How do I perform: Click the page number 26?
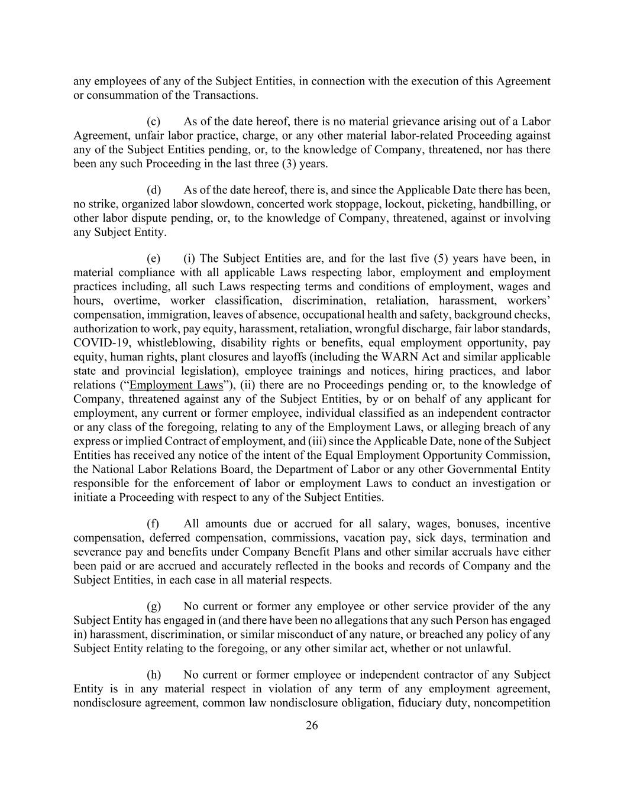(x=312, y=726)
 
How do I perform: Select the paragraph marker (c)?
(x=154, y=122)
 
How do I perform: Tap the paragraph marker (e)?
(x=154, y=258)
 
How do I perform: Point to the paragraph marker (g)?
(x=154, y=607)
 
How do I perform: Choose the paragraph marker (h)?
(x=154, y=675)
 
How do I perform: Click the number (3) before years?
(x=288, y=164)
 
